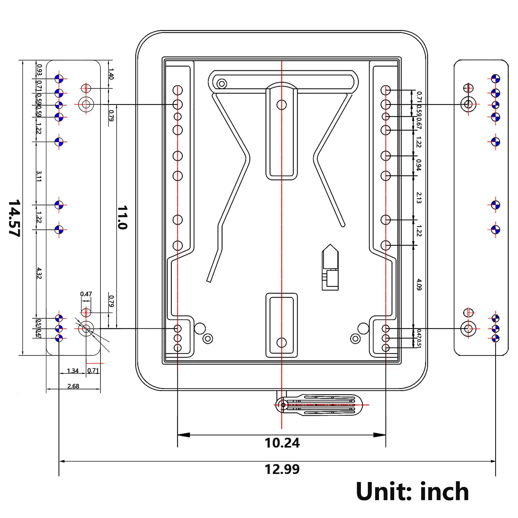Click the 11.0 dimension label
click(x=122, y=218)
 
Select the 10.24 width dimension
click(x=282, y=443)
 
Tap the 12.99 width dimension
click(x=282, y=469)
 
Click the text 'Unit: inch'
click(x=412, y=492)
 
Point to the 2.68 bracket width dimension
click(x=73, y=386)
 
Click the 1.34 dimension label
click(x=73, y=371)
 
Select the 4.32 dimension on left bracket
click(x=39, y=273)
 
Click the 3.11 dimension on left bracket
click(x=39, y=176)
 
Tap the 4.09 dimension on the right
click(x=419, y=284)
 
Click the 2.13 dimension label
click(x=419, y=198)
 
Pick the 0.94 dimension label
click(x=419, y=165)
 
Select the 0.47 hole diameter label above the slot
click(x=86, y=294)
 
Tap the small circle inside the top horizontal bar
click(x=222, y=84)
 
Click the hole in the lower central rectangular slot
click(x=281, y=342)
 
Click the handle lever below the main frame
click(x=319, y=405)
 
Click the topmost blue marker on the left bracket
click(x=59, y=79)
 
